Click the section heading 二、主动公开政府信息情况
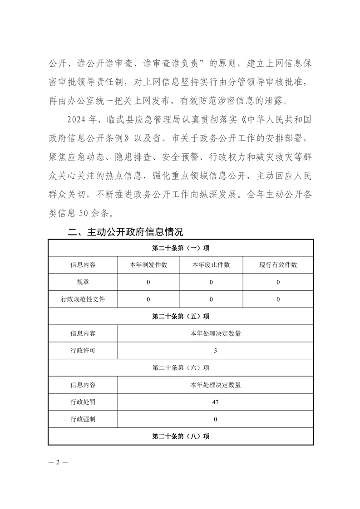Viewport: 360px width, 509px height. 125,232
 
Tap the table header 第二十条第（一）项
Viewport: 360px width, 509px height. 181,248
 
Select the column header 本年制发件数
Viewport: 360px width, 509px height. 148,265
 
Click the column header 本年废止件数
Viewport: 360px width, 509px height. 211,265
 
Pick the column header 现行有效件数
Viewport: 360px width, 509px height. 278,265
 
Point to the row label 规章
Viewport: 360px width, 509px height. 83,282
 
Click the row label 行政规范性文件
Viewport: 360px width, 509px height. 83,299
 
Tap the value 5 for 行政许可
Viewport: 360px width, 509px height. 215,351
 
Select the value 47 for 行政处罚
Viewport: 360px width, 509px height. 215,402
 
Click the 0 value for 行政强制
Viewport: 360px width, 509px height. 215,419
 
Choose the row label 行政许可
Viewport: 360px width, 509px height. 83,351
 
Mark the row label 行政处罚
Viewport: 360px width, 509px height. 83,402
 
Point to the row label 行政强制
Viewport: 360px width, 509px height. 83,419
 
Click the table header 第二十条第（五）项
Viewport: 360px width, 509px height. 181,316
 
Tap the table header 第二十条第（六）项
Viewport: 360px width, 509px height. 181,367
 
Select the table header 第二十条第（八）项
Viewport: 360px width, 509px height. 181,436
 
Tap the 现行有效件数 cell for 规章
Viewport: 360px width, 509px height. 278,282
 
